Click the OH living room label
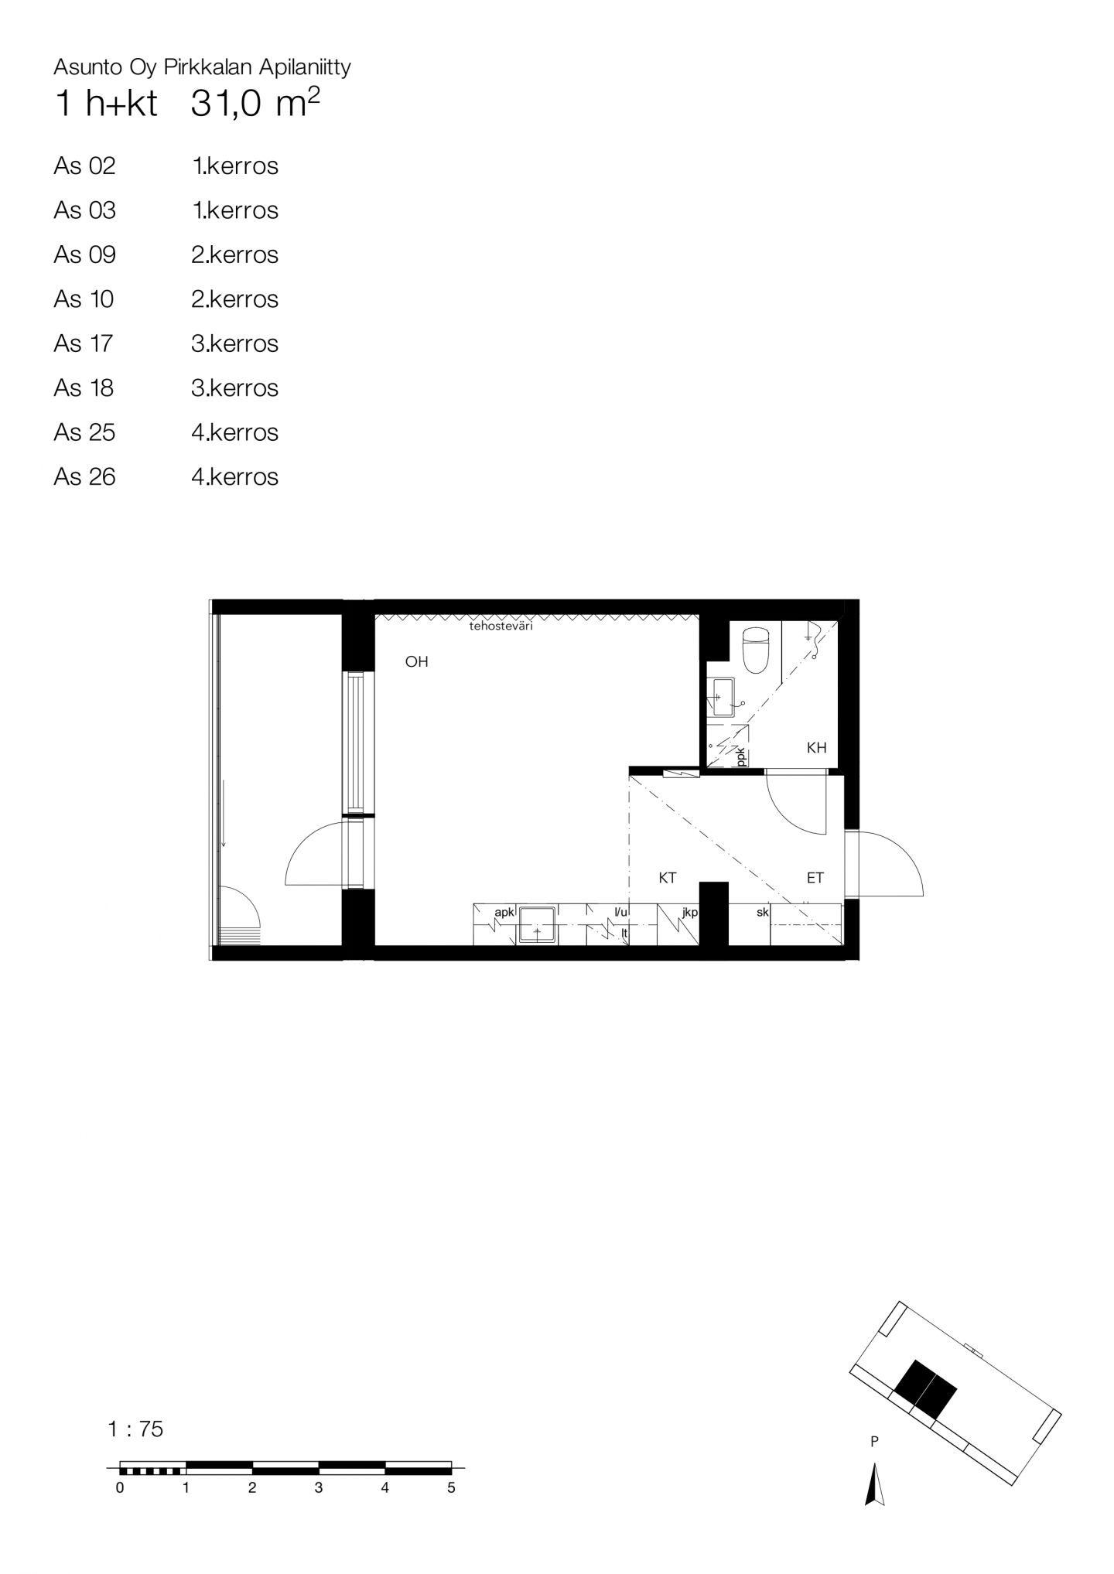pos(416,662)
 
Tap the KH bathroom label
pos(816,748)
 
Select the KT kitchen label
pos(668,878)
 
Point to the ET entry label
pos(815,878)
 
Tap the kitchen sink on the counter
pos(536,924)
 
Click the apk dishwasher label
pos(504,913)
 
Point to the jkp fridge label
pos(690,913)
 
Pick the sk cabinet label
pos(763,913)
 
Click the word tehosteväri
pos(501,627)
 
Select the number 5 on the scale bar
pos(451,1488)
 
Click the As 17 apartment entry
pos(83,343)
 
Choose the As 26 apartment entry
pos(84,476)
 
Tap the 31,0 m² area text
pos(255,104)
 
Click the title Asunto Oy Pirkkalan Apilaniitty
pos(202,67)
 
